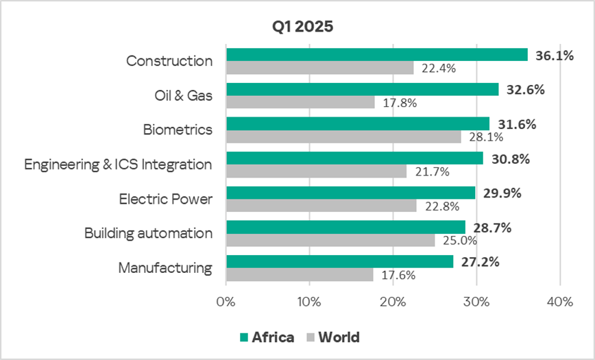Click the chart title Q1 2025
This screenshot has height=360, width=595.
[301, 28]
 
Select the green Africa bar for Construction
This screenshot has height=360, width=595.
[376, 55]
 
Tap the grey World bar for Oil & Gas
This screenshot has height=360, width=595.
[300, 102]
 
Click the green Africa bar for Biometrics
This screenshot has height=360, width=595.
[358, 123]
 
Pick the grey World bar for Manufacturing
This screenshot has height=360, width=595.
[300, 274]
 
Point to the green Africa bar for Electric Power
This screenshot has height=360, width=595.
[350, 193]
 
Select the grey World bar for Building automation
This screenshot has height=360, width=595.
[330, 240]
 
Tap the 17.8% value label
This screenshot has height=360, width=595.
[398, 103]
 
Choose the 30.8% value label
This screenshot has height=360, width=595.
[510, 159]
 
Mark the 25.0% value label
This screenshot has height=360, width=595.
[457, 241]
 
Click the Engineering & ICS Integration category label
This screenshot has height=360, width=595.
[118, 165]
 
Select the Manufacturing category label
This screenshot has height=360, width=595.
[165, 268]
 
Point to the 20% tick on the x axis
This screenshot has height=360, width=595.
[393, 301]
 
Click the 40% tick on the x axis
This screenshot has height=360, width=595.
[560, 301]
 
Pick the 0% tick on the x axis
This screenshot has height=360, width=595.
[226, 301]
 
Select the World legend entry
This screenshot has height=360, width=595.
[333, 337]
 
